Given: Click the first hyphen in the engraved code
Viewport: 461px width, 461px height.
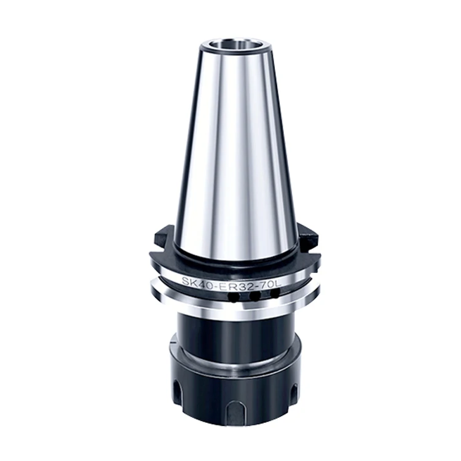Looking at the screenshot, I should (211, 283).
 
